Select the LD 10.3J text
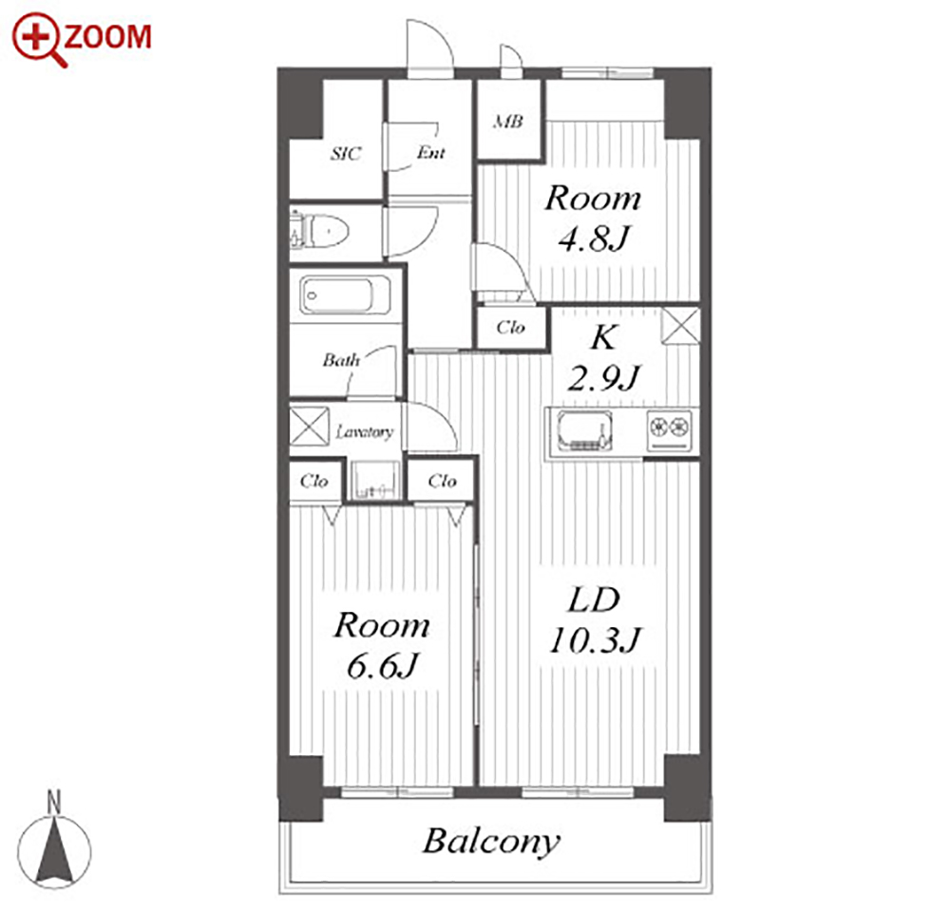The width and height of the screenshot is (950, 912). (595, 620)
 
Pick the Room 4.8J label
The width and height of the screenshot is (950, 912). (593, 218)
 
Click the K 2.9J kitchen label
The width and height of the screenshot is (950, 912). (604, 357)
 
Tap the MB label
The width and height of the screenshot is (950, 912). (507, 122)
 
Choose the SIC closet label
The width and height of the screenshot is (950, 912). (346, 153)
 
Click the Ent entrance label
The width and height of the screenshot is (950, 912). (431, 152)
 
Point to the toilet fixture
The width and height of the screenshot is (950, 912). (320, 231)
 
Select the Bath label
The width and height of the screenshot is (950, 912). (341, 360)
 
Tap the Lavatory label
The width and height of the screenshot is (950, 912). (365, 431)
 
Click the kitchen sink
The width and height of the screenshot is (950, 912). (584, 431)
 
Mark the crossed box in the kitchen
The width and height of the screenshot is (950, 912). (680, 326)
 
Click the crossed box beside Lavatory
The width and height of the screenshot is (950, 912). (309, 426)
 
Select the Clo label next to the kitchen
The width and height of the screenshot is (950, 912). (511, 327)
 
